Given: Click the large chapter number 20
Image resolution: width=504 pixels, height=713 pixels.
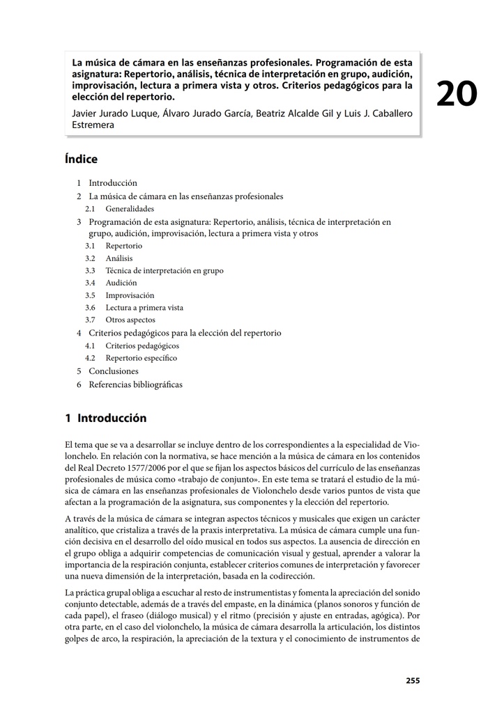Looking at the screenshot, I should click(457, 93).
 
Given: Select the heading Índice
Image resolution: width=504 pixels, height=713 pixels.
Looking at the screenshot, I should click(81, 159).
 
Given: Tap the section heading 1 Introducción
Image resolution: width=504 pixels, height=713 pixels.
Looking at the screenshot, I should click(106, 418).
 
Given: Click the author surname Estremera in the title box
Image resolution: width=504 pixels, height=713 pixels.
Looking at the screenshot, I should click(93, 125).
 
